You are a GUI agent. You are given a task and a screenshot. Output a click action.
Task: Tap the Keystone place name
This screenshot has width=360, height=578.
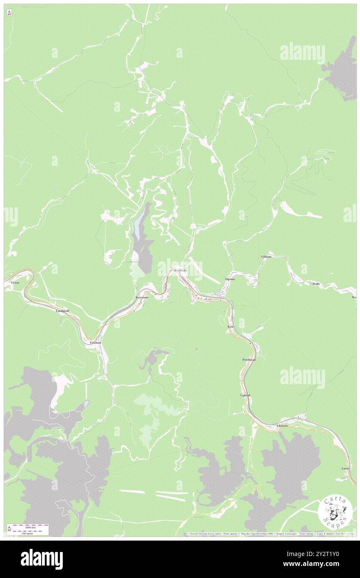(x=142, y=298)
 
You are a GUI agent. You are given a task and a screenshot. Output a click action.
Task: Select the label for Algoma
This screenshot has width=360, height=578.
(x=230, y=279)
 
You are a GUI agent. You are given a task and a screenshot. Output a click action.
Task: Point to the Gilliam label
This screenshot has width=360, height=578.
(x=266, y=257)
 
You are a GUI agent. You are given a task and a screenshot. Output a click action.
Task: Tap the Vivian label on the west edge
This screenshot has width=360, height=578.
(x=15, y=282)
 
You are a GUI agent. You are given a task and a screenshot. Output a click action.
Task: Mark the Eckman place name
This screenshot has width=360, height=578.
(x=96, y=342)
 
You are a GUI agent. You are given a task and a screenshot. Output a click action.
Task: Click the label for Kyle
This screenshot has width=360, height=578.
(x=231, y=327)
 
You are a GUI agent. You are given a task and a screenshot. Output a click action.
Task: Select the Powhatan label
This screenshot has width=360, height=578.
(x=249, y=359)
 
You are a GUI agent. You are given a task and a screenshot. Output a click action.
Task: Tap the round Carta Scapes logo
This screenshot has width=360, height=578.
(x=335, y=511)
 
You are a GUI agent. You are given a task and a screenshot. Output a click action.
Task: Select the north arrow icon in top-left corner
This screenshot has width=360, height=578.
(x=9, y=13)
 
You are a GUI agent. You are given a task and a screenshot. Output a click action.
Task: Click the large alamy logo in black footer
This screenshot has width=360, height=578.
(x=42, y=559)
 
